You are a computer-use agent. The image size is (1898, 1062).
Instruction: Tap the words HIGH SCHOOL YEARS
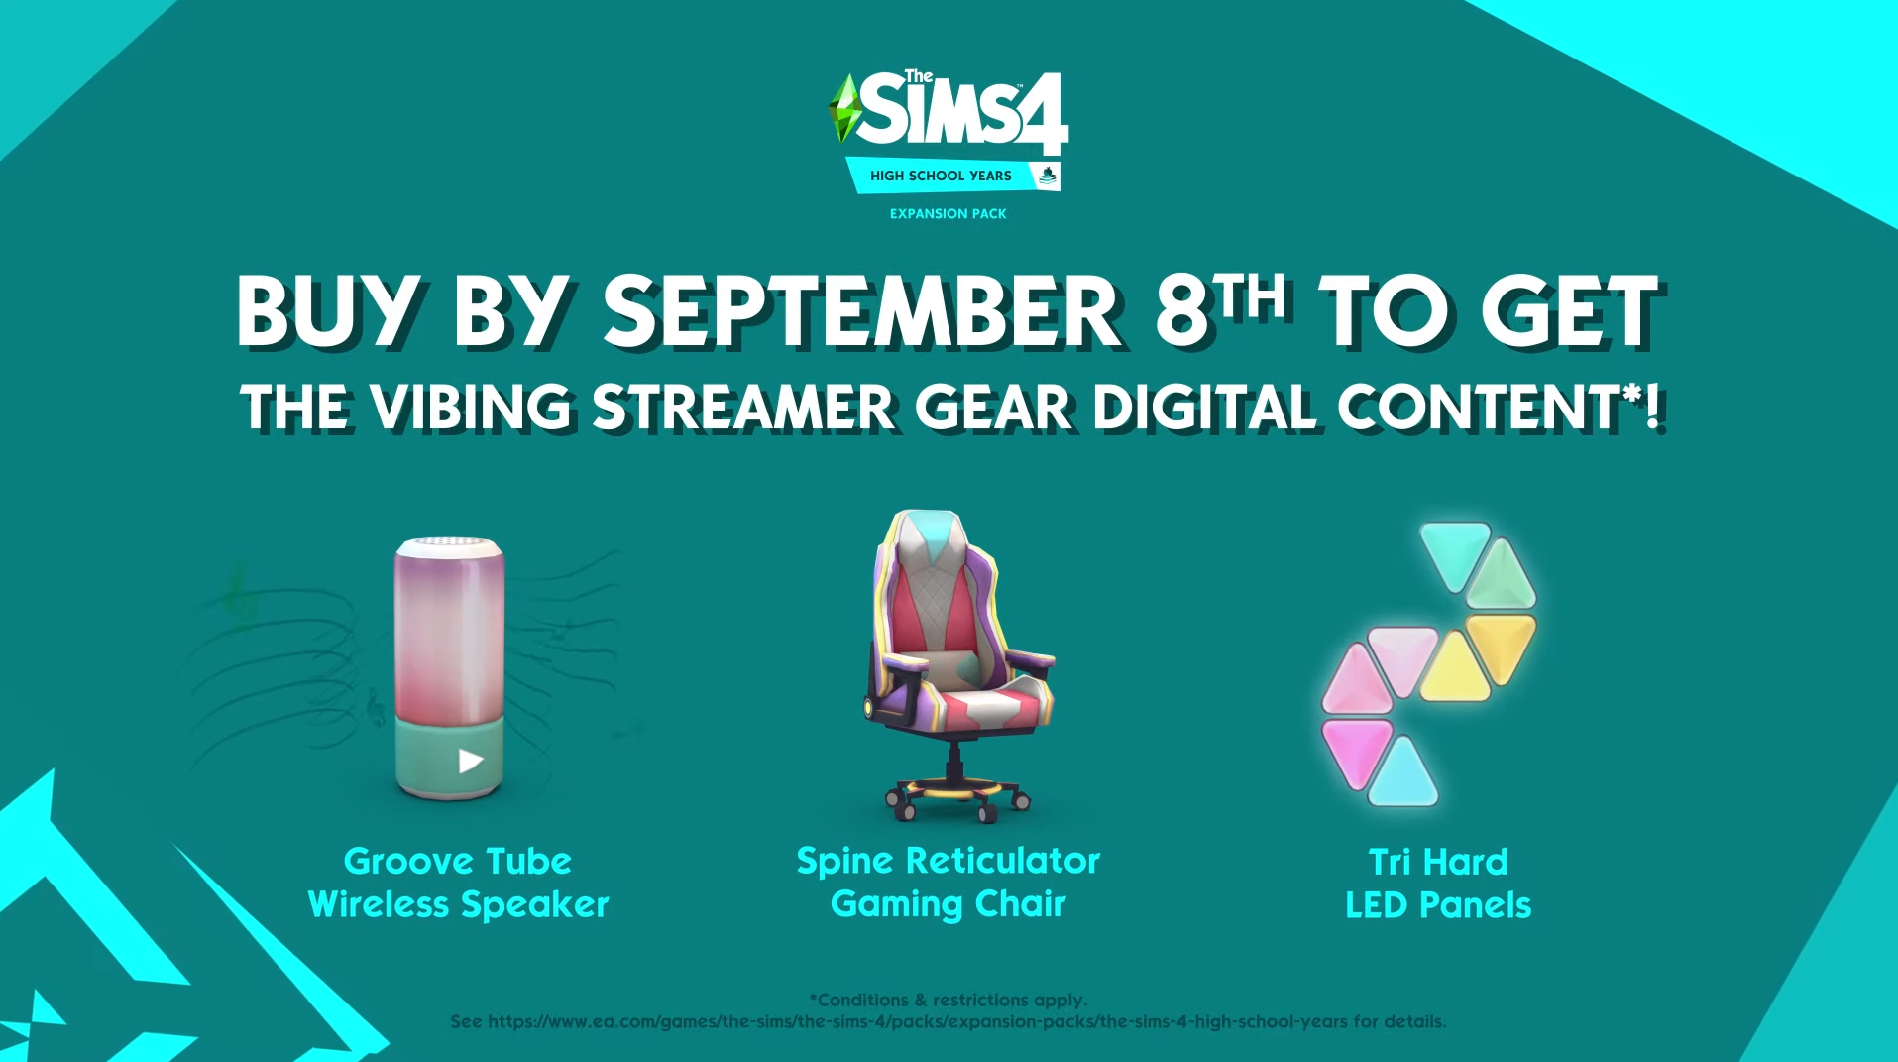(x=941, y=176)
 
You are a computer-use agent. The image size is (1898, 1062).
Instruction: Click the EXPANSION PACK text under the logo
(x=948, y=213)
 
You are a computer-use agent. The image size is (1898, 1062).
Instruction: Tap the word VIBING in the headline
(x=471, y=408)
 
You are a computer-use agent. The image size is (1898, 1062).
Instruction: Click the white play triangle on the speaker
(x=471, y=761)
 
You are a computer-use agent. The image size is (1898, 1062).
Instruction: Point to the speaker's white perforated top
(x=450, y=545)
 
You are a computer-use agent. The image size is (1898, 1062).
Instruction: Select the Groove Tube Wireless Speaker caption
(x=458, y=883)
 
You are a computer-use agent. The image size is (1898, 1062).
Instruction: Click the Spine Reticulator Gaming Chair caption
(x=949, y=882)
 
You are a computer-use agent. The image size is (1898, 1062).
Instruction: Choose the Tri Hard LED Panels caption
(x=1438, y=883)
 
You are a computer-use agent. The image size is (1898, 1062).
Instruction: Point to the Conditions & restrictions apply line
(x=949, y=1000)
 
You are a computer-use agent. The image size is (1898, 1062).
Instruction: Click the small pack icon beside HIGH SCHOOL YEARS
(x=1048, y=177)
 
